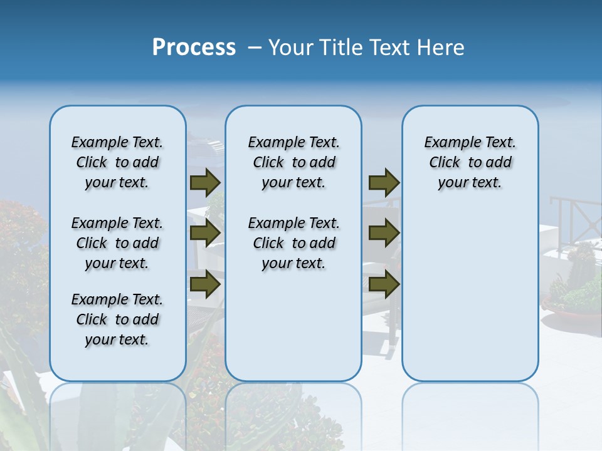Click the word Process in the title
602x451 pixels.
pyautogui.click(x=194, y=48)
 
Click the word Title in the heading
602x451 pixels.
pyautogui.click(x=341, y=48)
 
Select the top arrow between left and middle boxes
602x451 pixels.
pyautogui.click(x=204, y=182)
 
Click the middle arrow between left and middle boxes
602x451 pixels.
pyautogui.click(x=204, y=233)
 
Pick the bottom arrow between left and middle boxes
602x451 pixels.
pyautogui.click(x=204, y=284)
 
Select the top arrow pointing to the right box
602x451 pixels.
pyautogui.click(x=384, y=182)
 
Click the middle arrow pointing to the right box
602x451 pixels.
pyautogui.click(x=384, y=233)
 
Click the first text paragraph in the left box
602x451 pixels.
pyautogui.click(x=117, y=162)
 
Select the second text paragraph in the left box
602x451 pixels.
pyautogui.click(x=117, y=243)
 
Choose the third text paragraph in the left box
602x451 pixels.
pyautogui.click(x=117, y=319)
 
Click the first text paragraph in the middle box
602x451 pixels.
pyautogui.click(x=293, y=162)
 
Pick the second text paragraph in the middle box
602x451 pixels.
pyautogui.click(x=293, y=243)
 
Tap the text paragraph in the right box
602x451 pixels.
pyautogui.click(x=470, y=162)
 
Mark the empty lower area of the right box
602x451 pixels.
pyautogui.click(x=470, y=294)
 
